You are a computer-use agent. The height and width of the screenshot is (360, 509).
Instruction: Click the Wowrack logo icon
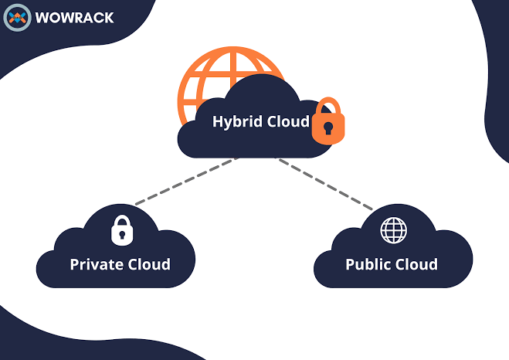coord(17,17)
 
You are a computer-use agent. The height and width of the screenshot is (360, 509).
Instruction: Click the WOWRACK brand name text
coord(74,17)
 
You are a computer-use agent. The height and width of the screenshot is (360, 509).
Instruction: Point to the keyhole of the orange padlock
coord(328,129)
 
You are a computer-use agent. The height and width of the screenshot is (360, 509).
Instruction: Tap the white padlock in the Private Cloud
coord(120,229)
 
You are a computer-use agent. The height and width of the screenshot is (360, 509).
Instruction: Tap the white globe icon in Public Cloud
coord(393,229)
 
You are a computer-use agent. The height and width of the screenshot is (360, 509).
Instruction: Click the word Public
coord(367,264)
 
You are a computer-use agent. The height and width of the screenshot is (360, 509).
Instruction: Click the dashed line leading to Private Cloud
coord(185,182)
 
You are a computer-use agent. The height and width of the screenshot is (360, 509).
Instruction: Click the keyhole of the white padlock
coord(120,233)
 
